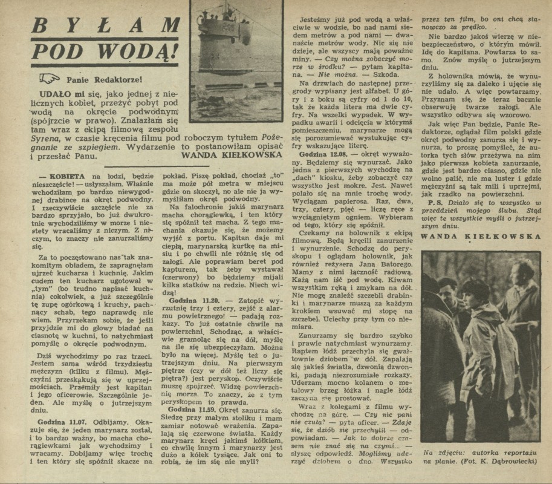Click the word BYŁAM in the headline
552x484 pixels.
tap(106, 25)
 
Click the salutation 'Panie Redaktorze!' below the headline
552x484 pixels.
tap(105, 79)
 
